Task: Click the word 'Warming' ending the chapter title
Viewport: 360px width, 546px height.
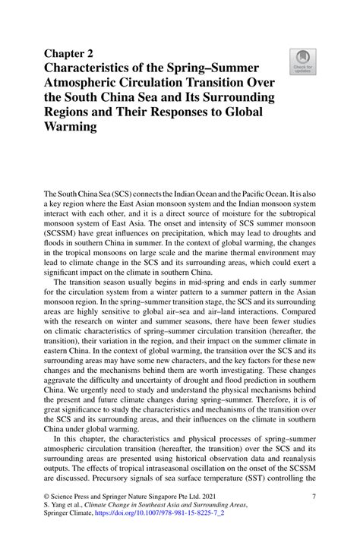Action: pyautogui.click(x=75, y=128)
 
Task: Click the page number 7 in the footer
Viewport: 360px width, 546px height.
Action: pyautogui.click(x=314, y=516)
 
